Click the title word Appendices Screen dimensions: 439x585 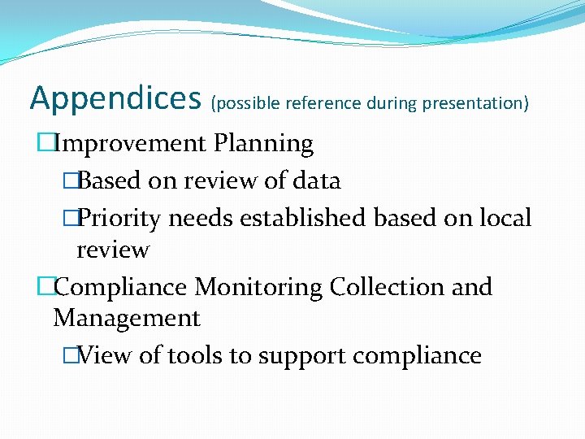[x=115, y=99]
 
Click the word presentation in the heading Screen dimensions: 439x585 [x=476, y=103]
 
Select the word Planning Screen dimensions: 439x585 [x=263, y=144]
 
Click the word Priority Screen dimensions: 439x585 [x=122, y=218]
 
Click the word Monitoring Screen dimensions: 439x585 [x=258, y=287]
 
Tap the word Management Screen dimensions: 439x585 [x=126, y=318]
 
